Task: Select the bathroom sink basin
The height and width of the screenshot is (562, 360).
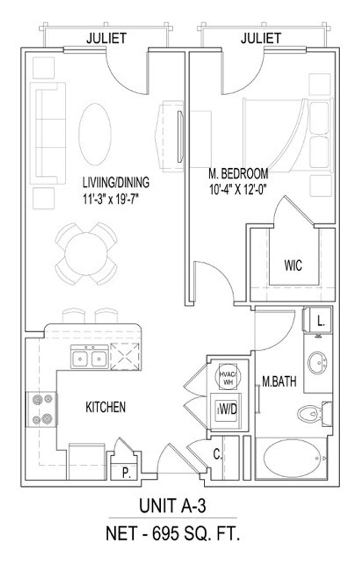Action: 317,363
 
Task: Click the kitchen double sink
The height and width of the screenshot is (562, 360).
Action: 89,359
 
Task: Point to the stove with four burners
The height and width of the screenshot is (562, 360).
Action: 42,410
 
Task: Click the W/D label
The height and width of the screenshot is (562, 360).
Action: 228,410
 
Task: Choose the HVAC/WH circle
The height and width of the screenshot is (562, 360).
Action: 228,377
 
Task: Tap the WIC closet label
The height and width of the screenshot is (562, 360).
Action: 293,265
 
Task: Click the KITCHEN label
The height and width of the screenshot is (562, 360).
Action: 106,407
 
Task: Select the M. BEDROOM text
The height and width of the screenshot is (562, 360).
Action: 238,174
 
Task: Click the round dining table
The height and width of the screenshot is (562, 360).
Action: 86,254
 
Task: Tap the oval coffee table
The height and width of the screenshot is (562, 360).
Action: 95,134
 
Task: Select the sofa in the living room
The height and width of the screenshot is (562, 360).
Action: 48,133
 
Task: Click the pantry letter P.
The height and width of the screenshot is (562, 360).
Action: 126,473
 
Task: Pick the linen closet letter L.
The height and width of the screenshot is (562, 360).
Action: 321,321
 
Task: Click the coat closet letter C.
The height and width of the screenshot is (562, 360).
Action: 218,455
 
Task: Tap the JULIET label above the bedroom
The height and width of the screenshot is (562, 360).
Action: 261,38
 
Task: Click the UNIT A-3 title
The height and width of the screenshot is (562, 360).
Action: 172,507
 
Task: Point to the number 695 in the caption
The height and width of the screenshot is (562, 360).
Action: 165,534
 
